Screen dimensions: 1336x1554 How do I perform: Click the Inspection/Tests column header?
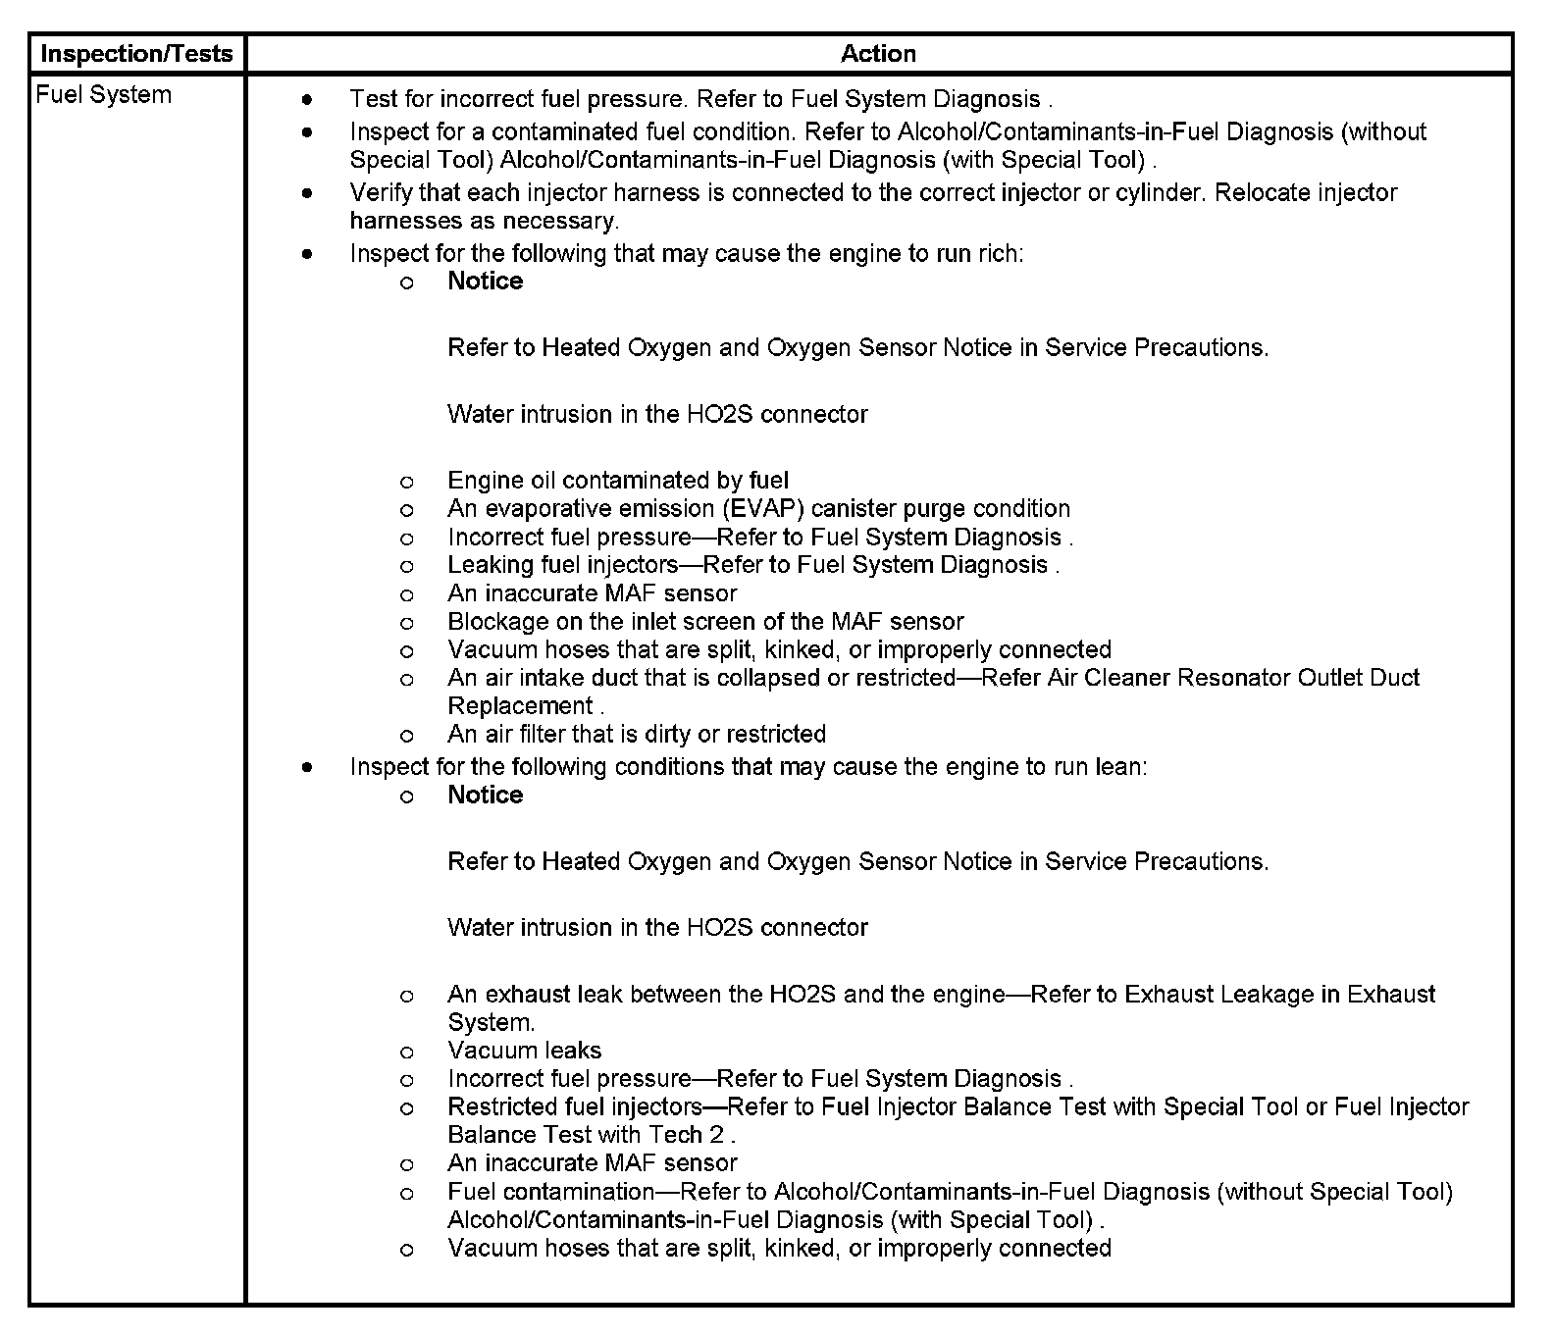coord(136,54)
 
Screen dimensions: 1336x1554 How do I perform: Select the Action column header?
coord(878,54)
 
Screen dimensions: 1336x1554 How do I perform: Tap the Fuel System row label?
coord(103,95)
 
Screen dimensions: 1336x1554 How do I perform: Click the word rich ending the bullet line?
coord(1000,253)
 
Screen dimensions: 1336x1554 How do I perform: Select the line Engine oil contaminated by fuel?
coord(618,480)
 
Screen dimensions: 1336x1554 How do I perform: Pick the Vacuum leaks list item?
coord(524,1051)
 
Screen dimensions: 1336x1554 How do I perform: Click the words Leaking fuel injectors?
coord(562,565)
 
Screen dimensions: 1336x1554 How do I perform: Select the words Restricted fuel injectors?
coord(574,1106)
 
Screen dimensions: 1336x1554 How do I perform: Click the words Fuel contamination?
coord(550,1192)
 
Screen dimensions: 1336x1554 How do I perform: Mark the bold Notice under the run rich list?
coord(485,282)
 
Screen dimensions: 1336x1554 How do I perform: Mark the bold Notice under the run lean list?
coord(485,796)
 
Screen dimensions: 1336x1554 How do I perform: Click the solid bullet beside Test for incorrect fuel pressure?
coord(308,99)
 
